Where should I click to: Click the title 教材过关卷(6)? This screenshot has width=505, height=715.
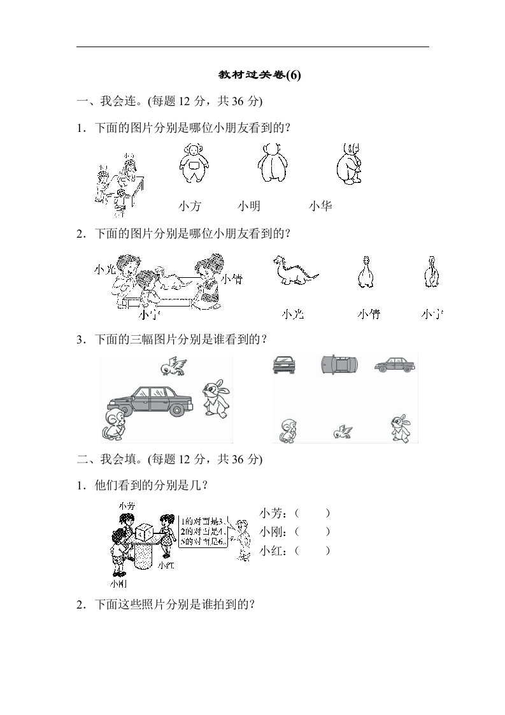[x=259, y=75]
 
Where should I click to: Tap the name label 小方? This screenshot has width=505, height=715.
[x=189, y=206]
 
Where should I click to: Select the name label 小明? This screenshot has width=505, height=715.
[x=249, y=206]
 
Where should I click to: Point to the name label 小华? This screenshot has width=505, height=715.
[x=320, y=206]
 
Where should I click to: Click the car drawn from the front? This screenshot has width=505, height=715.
[x=284, y=365]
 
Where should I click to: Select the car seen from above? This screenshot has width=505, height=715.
[x=339, y=364]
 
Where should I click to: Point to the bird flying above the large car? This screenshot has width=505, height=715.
[x=174, y=366]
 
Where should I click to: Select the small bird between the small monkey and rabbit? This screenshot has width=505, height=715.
[x=342, y=432]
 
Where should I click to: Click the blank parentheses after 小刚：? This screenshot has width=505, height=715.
[x=312, y=531]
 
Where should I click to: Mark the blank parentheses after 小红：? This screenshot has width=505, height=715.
[x=312, y=550]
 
